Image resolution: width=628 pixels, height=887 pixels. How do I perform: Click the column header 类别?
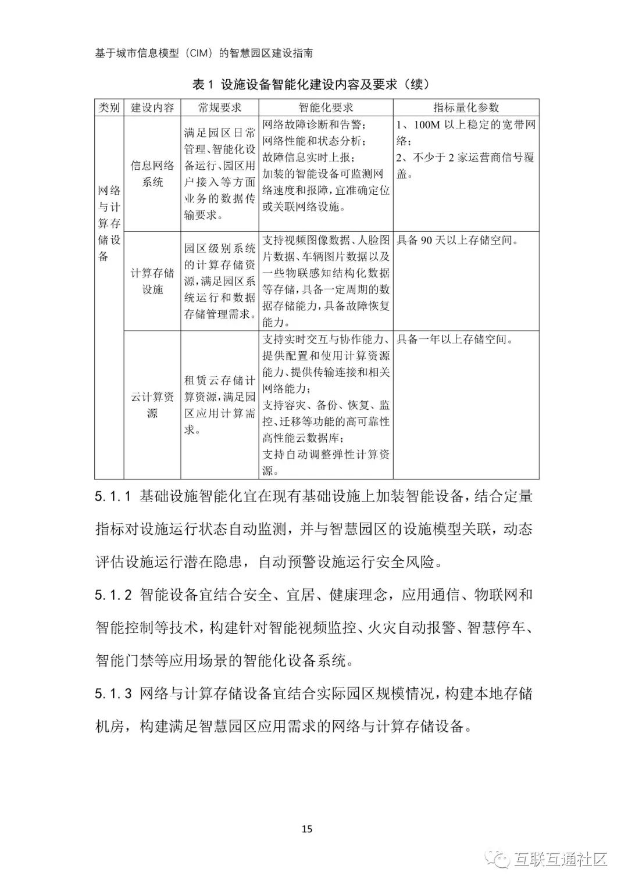109,108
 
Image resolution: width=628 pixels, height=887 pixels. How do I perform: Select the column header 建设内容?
152,108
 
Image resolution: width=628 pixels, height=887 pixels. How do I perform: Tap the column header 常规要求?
219,108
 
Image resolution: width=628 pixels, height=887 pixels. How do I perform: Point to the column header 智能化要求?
326,108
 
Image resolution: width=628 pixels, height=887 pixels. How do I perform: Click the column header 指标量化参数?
466,108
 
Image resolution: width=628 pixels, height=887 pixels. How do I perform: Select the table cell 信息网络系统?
152,174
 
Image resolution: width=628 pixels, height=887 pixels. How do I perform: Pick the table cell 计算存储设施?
152,281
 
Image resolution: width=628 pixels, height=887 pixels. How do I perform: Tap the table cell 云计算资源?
152,405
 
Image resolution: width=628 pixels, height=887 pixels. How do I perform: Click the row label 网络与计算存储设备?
109,223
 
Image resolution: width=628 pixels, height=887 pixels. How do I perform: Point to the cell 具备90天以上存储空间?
457,240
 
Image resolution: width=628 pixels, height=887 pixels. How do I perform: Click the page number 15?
307,828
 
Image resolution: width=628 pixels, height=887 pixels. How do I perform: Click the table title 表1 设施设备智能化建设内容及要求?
311,84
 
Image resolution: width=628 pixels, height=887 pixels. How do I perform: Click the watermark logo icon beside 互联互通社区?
499,859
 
